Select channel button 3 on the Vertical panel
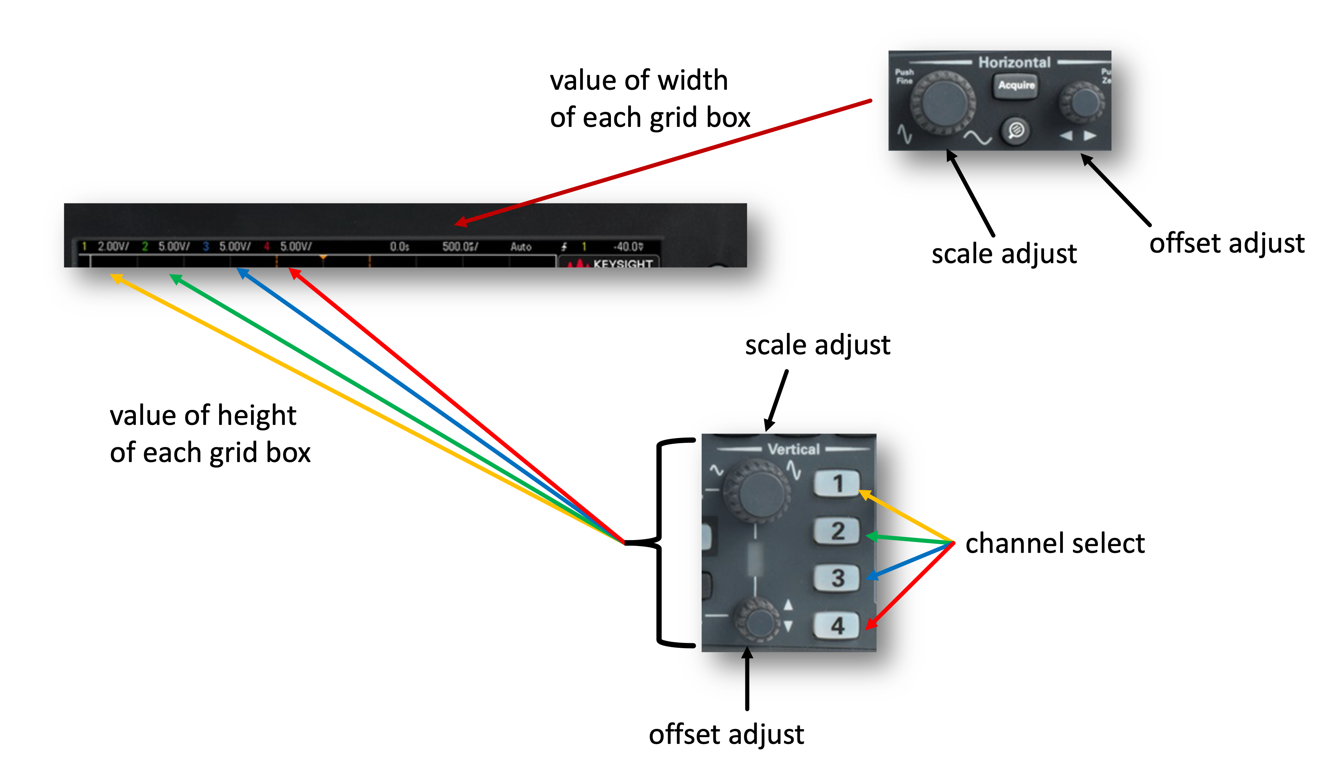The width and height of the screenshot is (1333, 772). pyautogui.click(x=837, y=578)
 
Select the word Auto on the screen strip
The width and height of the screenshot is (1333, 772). pyautogui.click(x=521, y=247)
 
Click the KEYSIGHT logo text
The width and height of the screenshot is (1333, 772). pyautogui.click(x=623, y=263)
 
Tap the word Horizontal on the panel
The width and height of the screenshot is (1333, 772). pyautogui.click(x=1014, y=62)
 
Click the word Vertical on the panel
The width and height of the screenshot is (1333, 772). pyautogui.click(x=793, y=449)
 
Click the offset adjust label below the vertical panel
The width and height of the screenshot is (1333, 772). pyautogui.click(x=726, y=734)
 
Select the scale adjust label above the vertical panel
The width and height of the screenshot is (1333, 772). pyautogui.click(x=817, y=345)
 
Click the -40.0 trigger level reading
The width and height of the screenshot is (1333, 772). pyautogui.click(x=628, y=247)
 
